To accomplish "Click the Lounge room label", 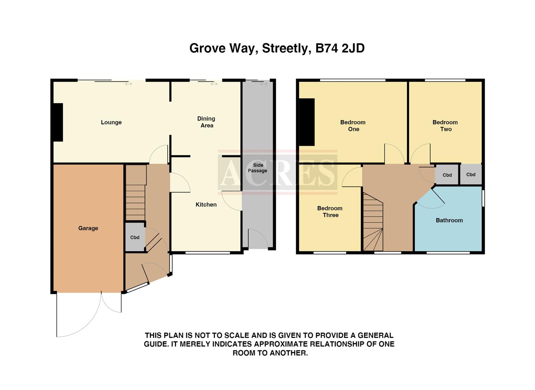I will click(111, 122).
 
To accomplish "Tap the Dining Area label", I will click(206, 122).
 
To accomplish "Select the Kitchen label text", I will click(206, 205).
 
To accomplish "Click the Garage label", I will click(88, 228).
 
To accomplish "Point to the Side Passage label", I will click(258, 168).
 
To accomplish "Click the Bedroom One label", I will click(353, 126).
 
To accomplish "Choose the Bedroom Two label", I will click(445, 126).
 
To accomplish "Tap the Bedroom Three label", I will click(330, 212).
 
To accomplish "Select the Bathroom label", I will click(449, 220).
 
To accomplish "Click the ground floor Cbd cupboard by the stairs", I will click(135, 237).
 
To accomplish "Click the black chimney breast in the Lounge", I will click(58, 122).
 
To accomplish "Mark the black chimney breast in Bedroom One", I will click(307, 122).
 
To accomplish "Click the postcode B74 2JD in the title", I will click(340, 48).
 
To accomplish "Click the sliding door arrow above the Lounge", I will click(129, 84).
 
